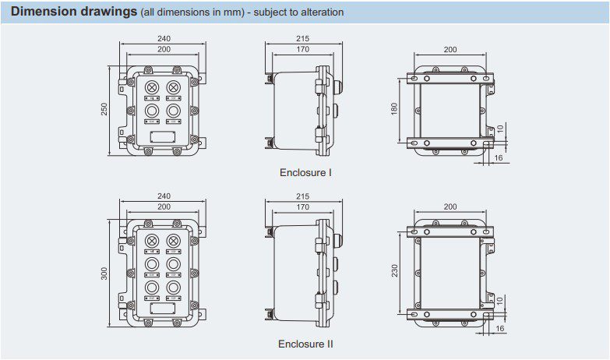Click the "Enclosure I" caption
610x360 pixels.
click(305, 172)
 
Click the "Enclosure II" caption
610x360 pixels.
click(305, 343)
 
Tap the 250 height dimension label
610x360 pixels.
click(104, 111)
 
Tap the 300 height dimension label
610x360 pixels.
click(104, 273)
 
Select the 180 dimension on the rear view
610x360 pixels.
click(395, 110)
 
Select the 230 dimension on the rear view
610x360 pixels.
click(395, 270)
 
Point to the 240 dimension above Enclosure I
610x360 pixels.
click(164, 38)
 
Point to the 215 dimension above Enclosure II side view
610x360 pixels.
click(303, 198)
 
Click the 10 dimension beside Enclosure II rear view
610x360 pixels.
click(499, 301)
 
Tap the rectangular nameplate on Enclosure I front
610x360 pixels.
click(162, 138)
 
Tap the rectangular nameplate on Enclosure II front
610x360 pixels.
click(162, 309)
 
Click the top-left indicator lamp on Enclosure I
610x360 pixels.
click(152, 86)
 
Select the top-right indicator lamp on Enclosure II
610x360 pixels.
click(173, 242)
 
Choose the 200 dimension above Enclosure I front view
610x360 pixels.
click(164, 49)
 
